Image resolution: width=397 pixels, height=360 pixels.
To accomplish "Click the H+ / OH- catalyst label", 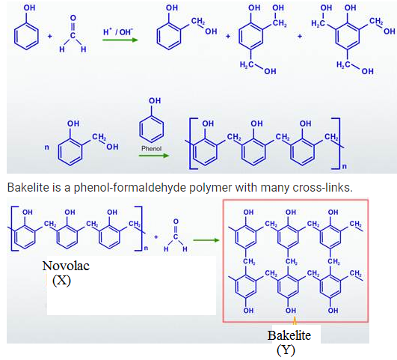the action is point(118,32).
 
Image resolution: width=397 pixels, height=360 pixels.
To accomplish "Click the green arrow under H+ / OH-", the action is point(120,40).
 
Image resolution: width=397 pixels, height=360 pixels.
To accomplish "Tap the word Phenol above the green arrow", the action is point(151,148).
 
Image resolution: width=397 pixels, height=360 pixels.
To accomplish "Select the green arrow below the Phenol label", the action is point(154,155).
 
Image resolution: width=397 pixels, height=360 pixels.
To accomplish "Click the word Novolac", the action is point(66,266).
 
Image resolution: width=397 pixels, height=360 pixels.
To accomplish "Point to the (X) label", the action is point(61,281).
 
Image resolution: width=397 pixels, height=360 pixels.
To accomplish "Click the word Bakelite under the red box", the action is point(289,335).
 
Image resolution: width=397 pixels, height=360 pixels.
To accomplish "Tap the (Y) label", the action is point(286,350).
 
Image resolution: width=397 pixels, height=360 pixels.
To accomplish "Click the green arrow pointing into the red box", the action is point(206,240).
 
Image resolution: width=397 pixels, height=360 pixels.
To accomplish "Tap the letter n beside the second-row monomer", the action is point(46,147).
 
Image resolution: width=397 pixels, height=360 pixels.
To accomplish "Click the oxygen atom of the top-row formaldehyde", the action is point(73,18).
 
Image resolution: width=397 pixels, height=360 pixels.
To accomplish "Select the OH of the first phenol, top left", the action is point(29,8).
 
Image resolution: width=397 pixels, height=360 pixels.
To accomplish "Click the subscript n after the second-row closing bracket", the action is point(345,167).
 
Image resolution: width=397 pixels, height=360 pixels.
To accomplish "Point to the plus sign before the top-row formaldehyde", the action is point(49,36).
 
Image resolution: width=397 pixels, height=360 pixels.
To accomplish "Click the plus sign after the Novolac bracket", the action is point(156,237).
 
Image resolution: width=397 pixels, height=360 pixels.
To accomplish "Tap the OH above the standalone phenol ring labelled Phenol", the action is point(155,100).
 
